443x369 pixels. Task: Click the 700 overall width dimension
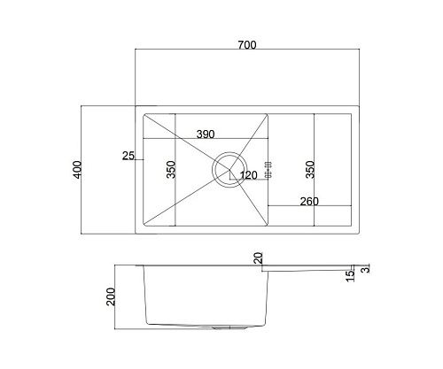pos(247,45)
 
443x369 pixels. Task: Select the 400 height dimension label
pos(77,169)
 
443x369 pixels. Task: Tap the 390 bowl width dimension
pos(206,135)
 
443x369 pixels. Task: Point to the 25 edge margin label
pos(128,156)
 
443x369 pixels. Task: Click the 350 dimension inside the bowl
pos(171,169)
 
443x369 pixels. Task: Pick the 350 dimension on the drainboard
pos(310,169)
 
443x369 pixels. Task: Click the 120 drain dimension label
pos(248,175)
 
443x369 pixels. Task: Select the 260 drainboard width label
pos(309,202)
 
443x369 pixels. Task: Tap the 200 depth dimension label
pos(111,296)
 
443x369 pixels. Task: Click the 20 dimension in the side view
pos(258,258)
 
